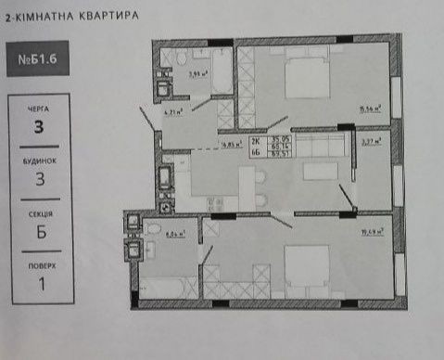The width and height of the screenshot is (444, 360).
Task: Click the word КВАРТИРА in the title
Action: pyautogui.click(x=109, y=17)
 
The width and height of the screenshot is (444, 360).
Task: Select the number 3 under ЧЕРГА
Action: pyautogui.click(x=38, y=127)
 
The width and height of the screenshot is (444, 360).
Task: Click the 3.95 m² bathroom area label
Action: pyautogui.click(x=197, y=72)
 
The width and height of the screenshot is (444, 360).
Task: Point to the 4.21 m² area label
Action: pyautogui.click(x=172, y=112)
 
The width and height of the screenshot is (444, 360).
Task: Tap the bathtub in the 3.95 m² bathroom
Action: pyautogui.click(x=222, y=71)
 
